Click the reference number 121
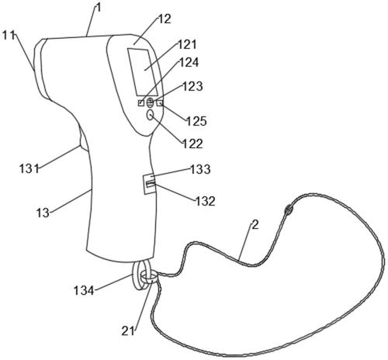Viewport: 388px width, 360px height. pos(187,45)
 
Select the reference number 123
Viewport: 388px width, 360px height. pos(192,86)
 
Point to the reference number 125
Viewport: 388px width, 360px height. pos(197,121)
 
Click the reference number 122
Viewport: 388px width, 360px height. pos(192,144)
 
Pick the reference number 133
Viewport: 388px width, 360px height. pos(200,169)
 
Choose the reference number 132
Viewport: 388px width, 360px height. pos(205,201)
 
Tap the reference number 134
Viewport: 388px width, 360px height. pos(84,291)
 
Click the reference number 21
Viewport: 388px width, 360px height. pos(128,331)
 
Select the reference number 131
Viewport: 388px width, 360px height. pos(29,169)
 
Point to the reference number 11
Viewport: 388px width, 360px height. pos(9,36)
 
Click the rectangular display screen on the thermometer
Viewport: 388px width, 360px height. pos(143,72)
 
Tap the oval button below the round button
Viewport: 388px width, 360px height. pos(151,115)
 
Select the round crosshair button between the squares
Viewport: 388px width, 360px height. pos(150,103)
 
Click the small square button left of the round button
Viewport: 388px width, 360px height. pos(141,103)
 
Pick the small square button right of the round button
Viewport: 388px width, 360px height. pos(160,103)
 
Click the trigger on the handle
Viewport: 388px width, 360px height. pos(83,139)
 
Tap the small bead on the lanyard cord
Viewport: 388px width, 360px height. pos(288,209)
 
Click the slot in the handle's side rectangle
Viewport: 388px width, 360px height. pos(151,184)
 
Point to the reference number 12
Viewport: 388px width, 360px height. pos(165,19)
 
